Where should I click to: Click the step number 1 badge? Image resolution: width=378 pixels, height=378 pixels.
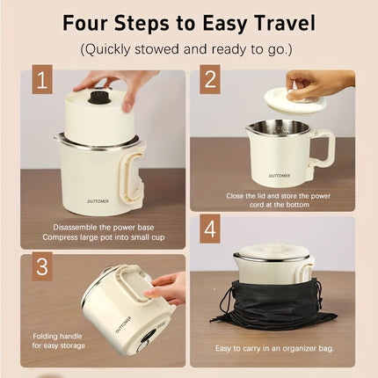(42, 83)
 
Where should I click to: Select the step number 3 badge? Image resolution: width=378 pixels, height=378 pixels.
(42, 266)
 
